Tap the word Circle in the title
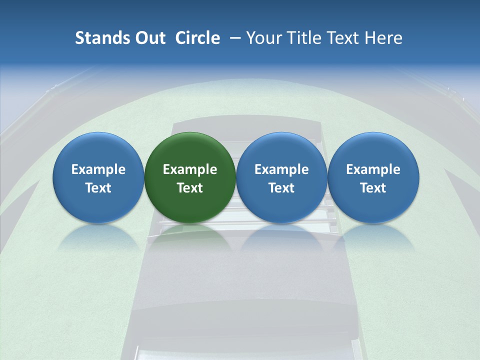tap(197, 38)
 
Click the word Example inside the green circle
tap(190, 169)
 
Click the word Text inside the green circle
tap(190, 188)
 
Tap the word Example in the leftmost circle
tap(98, 169)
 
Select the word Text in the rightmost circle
tap(373, 188)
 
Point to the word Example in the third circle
tap(281, 169)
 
